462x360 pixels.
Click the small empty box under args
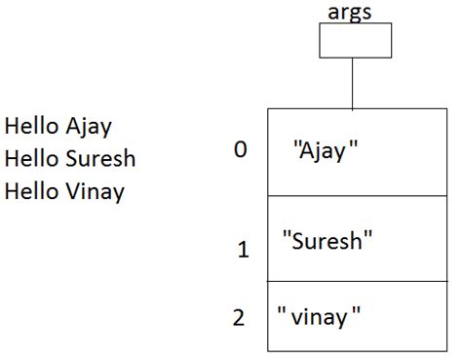tap(355, 40)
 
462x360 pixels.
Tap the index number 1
tap(244, 250)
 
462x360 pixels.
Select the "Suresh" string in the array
tap(327, 240)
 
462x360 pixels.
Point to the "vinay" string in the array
tap(320, 316)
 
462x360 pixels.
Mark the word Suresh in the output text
tap(101, 158)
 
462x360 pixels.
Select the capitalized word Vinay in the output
tap(96, 191)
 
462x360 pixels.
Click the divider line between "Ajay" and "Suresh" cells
tap(351, 196)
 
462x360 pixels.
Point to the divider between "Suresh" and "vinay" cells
tap(351, 282)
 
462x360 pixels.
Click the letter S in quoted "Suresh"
tap(296, 240)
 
